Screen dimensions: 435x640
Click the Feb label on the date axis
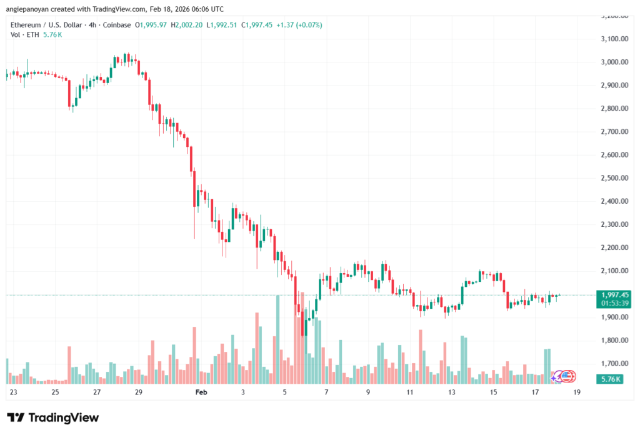pyautogui.click(x=201, y=392)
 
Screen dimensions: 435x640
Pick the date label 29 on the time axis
pyautogui.click(x=138, y=392)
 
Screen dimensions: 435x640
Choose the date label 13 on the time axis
pyautogui.click(x=451, y=392)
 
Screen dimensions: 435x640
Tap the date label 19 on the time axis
pyautogui.click(x=576, y=392)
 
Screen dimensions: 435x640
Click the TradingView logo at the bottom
pyautogui.click(x=53, y=417)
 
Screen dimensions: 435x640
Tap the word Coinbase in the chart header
pyautogui.click(x=118, y=25)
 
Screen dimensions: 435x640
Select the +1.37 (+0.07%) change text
pyautogui.click(x=302, y=25)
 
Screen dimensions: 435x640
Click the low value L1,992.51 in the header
pyautogui.click(x=219, y=25)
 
